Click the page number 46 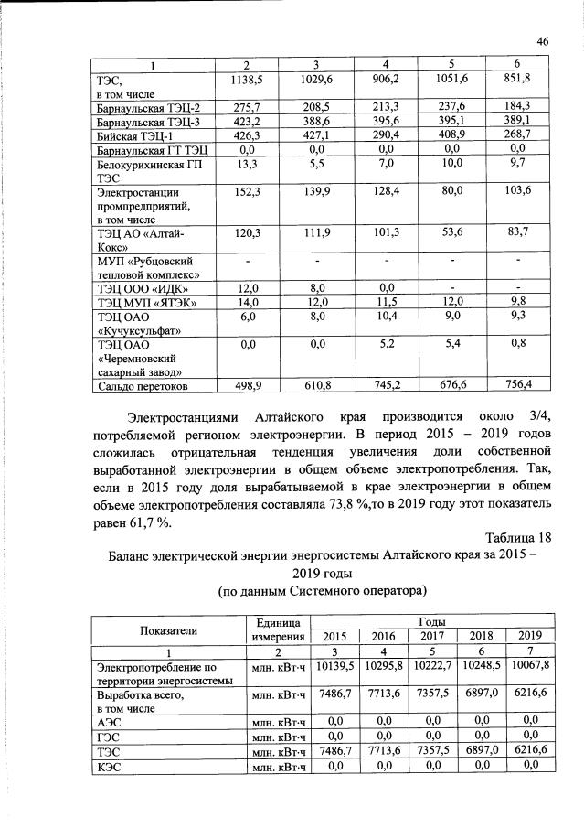542,41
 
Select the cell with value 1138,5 245,81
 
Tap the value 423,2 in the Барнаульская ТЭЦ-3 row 245,121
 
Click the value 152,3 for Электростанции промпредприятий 245,190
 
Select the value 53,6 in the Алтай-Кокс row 454,234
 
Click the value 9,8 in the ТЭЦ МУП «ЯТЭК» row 517,301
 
